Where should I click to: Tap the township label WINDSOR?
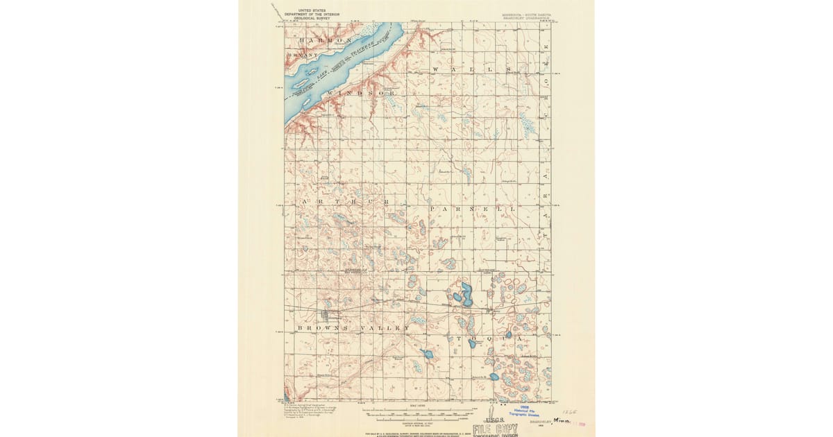(x=361, y=93)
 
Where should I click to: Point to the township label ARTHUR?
(x=344, y=201)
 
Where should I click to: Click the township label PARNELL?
(x=472, y=208)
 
